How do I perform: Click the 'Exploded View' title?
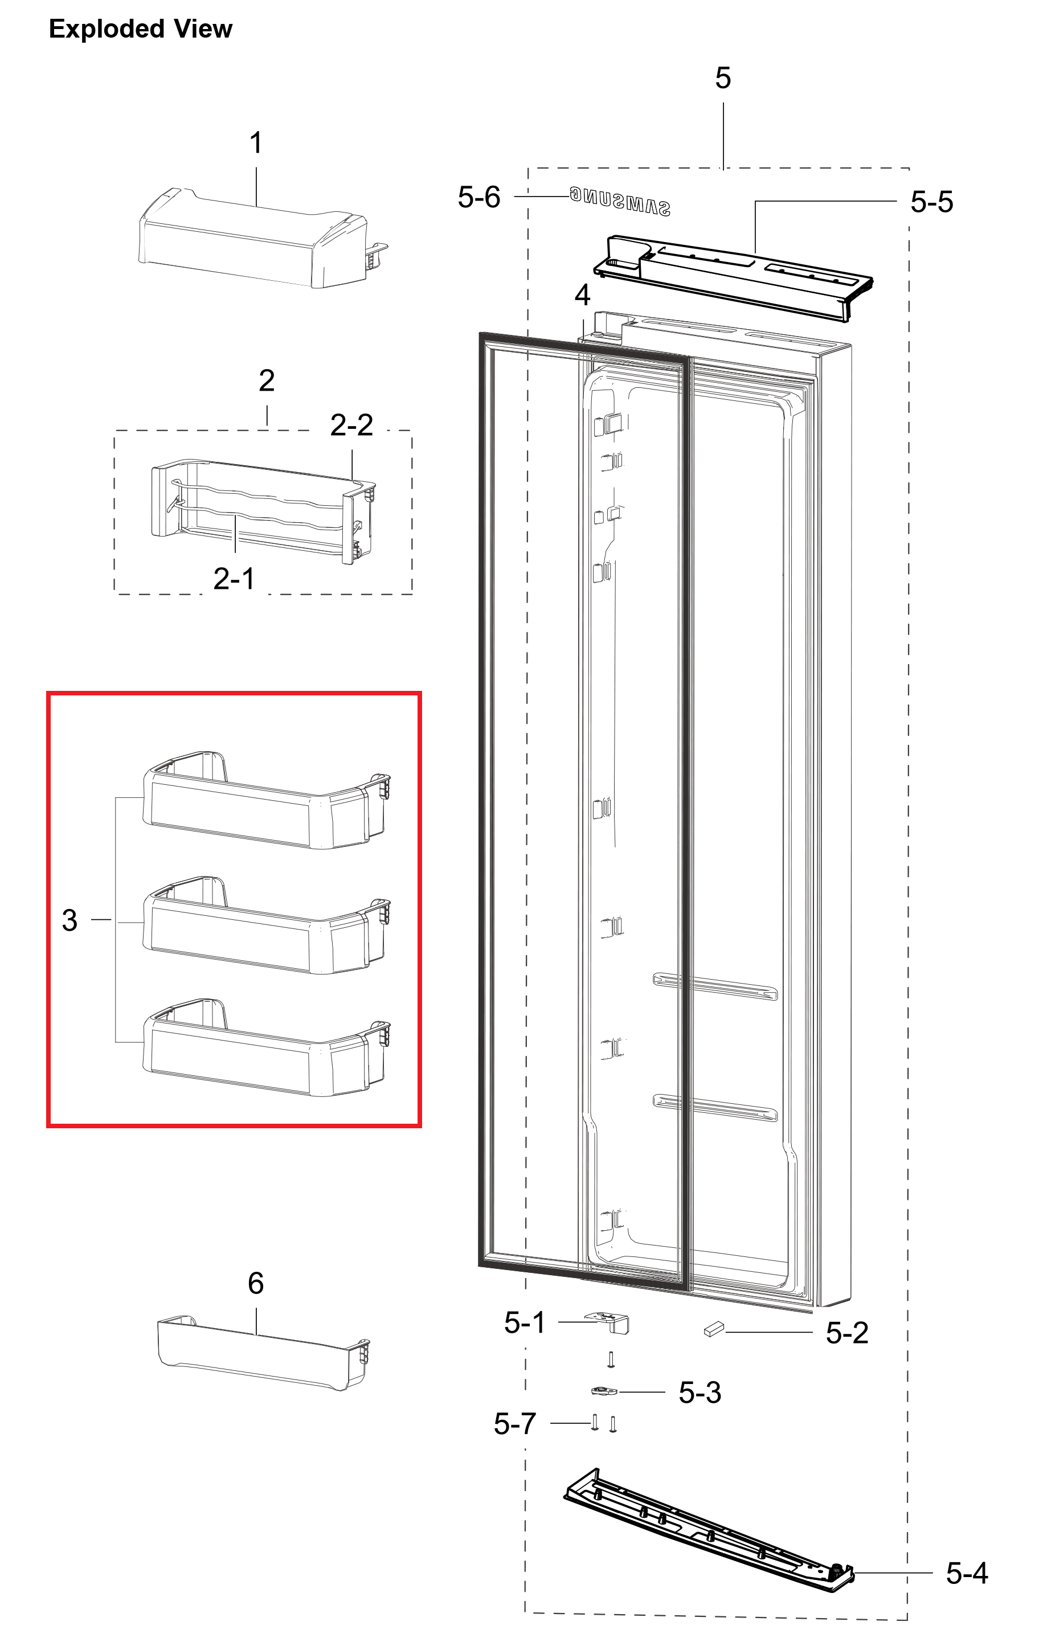[140, 28]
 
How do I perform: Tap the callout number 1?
[256, 143]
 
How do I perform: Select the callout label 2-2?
[352, 425]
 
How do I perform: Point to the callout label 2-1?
[234, 579]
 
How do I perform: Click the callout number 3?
[69, 920]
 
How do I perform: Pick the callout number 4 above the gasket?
[582, 295]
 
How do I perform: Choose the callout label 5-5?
[932, 202]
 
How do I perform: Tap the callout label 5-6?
[479, 197]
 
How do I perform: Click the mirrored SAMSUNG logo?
[620, 202]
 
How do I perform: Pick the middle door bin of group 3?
[266, 925]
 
